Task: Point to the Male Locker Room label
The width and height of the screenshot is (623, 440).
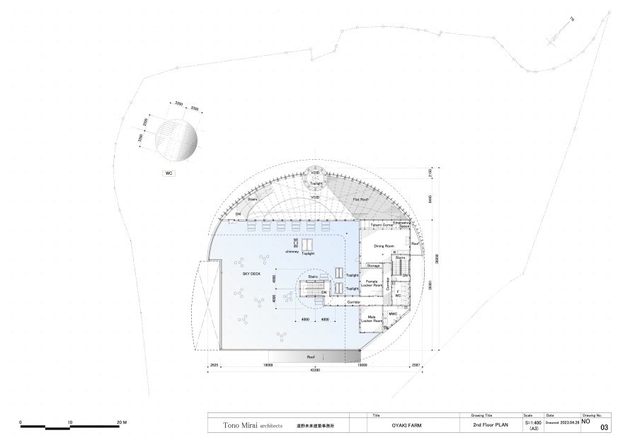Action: pos(370,319)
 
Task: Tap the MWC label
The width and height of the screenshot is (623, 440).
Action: pos(393,313)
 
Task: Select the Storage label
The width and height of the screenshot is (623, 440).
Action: pos(373,265)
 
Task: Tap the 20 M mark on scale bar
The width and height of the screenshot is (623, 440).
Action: pos(121,422)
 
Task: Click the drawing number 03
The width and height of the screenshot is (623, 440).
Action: pos(604,428)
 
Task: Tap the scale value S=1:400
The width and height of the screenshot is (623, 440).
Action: pos(532,422)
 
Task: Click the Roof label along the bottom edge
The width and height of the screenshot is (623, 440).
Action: pos(310,357)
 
